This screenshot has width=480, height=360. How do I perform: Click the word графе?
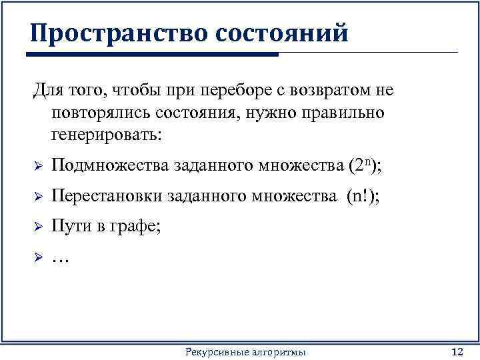[137, 227]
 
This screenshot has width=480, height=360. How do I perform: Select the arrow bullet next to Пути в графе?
[38, 227]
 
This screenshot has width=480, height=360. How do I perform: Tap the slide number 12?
[457, 351]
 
